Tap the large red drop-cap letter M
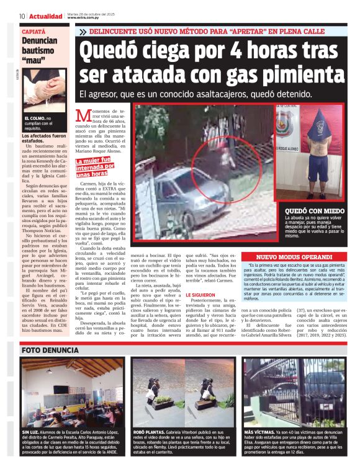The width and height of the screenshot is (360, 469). coord(83,115)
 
